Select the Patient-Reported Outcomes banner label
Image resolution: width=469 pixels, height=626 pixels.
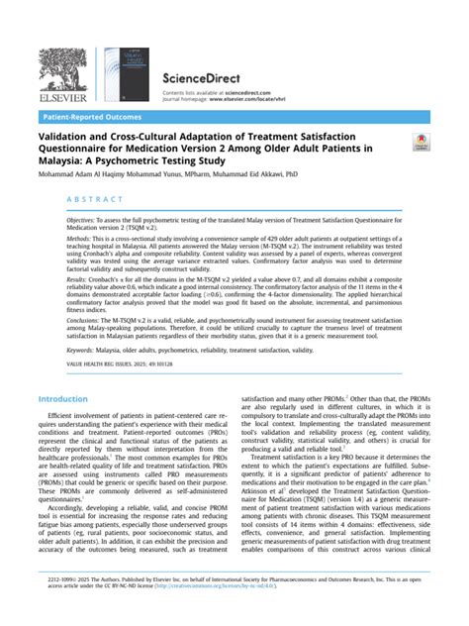[89, 116]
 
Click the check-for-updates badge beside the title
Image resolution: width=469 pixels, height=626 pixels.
[420, 146]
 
